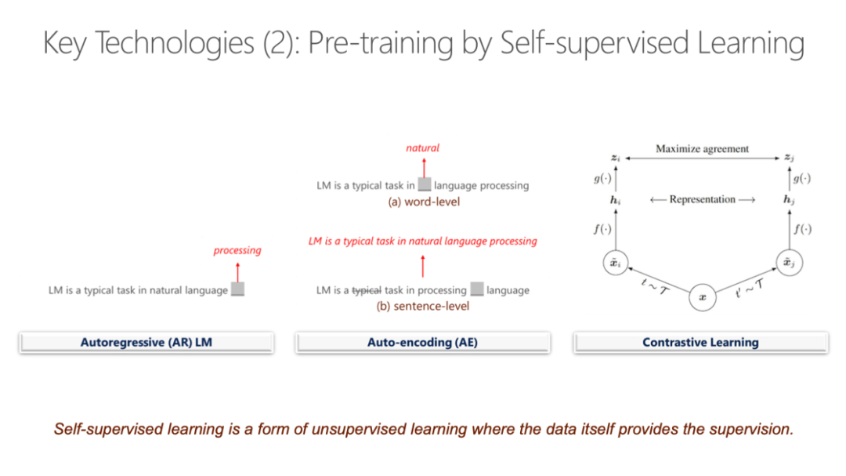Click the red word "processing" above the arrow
point(237,250)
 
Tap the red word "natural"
point(423,147)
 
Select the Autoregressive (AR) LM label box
point(146,342)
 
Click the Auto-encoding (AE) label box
point(422,342)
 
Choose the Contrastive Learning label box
point(700,342)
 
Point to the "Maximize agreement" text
point(702,148)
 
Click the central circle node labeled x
point(702,298)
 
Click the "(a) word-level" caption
point(424,202)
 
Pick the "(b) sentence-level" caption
point(423,306)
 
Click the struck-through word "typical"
point(367,290)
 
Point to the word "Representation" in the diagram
point(703,199)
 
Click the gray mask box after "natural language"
point(238,289)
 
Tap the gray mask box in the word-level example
point(425,185)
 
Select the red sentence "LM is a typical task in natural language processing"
point(423,241)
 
